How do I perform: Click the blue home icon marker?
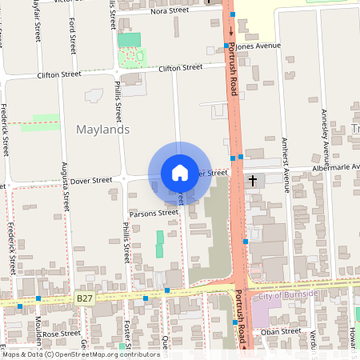(180, 172)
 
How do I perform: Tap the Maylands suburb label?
(102, 129)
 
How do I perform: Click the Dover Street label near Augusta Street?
(90, 181)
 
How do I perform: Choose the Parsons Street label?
(154, 213)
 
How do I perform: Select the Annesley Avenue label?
(326, 133)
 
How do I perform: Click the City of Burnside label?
(287, 294)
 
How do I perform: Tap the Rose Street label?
(62, 334)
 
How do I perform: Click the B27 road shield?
(85, 298)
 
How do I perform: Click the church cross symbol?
(253, 181)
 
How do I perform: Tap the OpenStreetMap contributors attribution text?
(105, 354)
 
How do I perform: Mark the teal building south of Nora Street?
(128, 39)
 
